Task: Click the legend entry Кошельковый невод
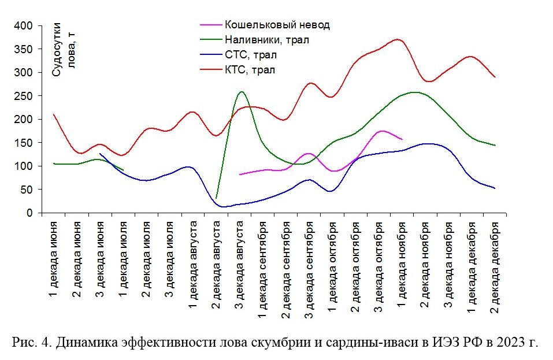click(x=277, y=25)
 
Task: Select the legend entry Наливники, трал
click(x=266, y=40)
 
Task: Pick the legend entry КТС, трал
click(x=250, y=70)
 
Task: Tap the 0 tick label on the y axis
click(x=32, y=213)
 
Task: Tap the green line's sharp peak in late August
click(x=241, y=91)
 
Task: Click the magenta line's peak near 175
click(x=381, y=131)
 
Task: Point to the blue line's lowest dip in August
click(x=224, y=206)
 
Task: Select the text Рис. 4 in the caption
click(x=27, y=342)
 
